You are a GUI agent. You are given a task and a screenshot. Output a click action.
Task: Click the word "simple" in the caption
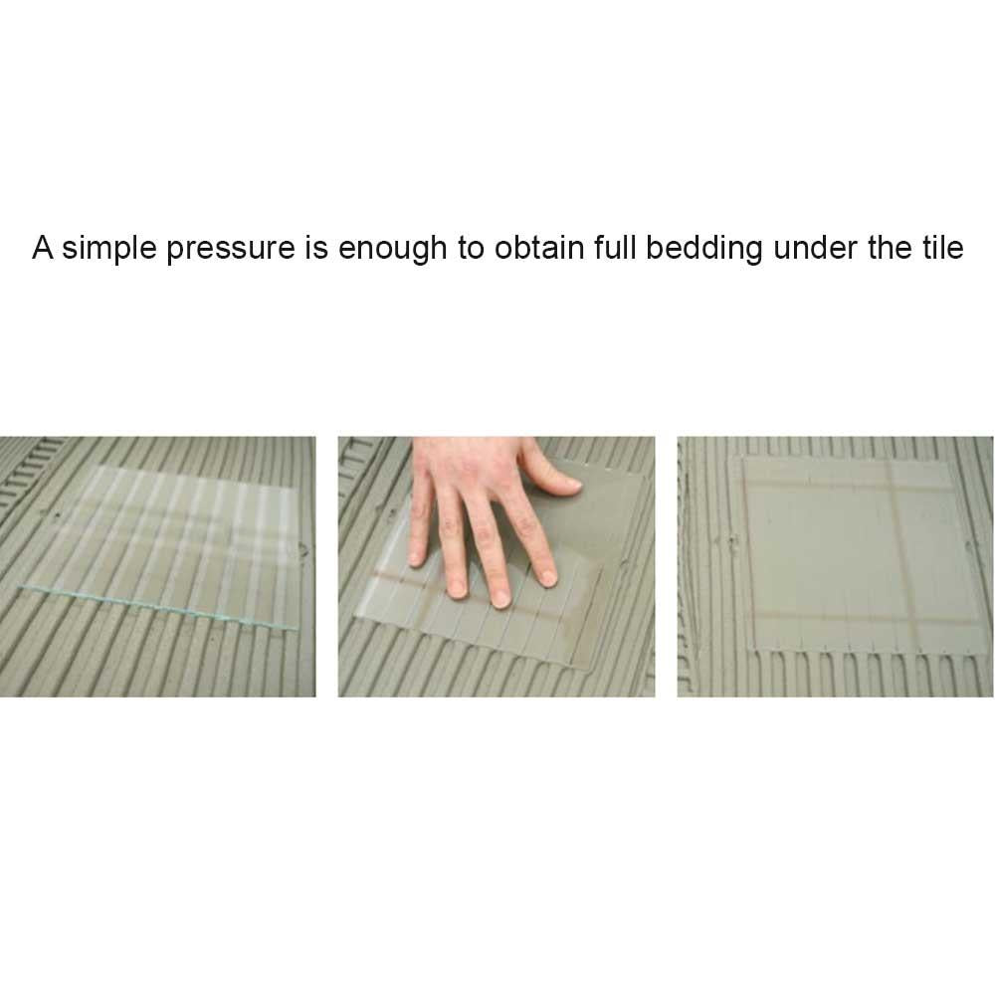tap(108, 248)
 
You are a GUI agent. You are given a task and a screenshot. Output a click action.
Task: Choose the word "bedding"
tap(703, 249)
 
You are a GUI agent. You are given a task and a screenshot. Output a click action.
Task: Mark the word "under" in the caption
tap(815, 248)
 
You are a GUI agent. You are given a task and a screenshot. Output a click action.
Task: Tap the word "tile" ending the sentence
tap(943, 247)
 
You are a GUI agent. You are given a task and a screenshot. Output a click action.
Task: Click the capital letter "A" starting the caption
tap(43, 248)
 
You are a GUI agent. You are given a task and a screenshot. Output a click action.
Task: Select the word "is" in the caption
tap(316, 248)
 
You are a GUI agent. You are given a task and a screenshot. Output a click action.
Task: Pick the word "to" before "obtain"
tap(471, 248)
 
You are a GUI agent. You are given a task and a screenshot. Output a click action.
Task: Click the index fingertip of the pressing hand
tap(547, 577)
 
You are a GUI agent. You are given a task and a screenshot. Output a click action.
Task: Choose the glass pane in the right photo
tap(861, 554)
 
